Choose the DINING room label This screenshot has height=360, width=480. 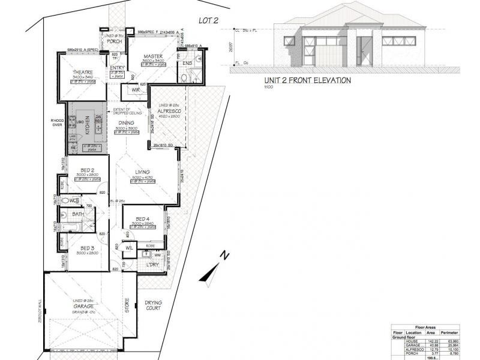pos(126,123)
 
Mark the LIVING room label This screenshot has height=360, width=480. pos(142,172)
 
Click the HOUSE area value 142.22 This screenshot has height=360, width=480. pos(430,341)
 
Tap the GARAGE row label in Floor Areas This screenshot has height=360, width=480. pos(413,345)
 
